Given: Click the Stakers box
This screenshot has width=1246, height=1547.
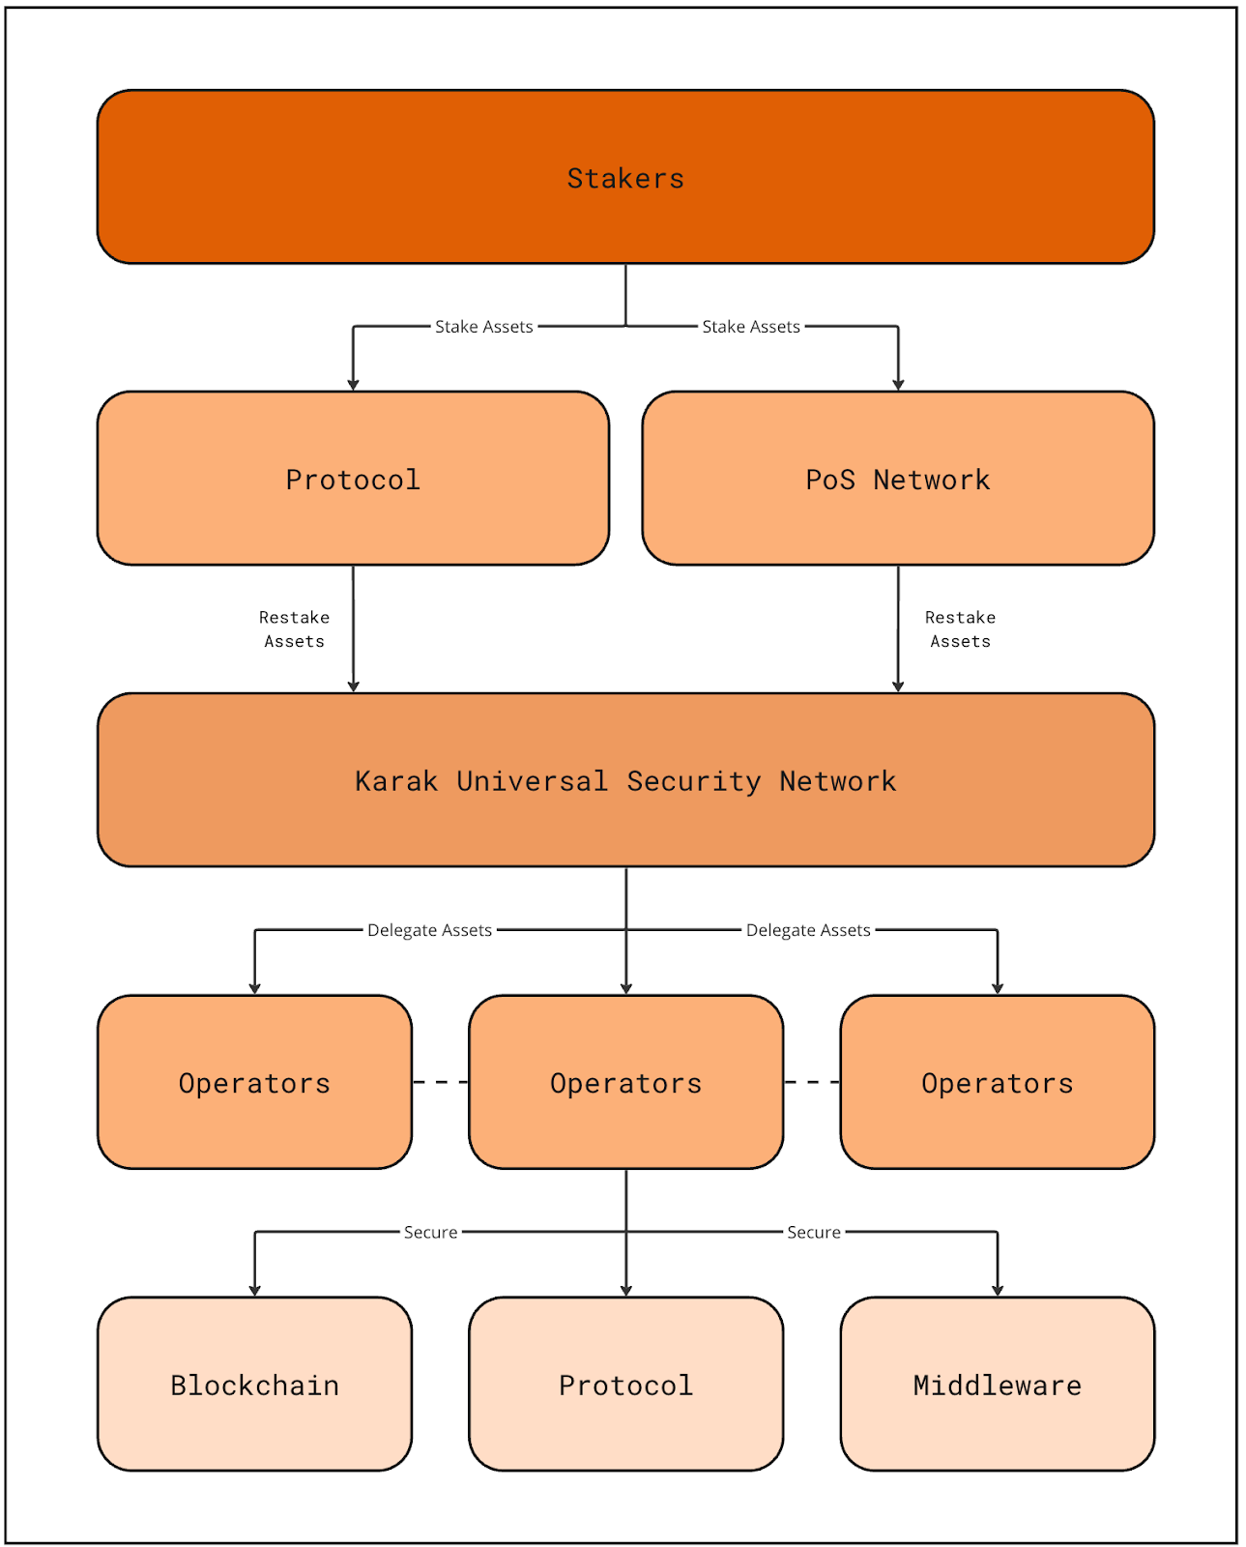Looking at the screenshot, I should pos(625,177).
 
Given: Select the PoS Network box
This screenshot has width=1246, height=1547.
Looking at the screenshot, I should pos(897,479).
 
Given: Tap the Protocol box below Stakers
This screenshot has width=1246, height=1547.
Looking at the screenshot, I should pos(353,479).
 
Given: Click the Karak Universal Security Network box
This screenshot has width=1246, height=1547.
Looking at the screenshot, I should pos(625,780).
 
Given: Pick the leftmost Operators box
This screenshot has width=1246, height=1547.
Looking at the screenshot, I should pos(254,1082).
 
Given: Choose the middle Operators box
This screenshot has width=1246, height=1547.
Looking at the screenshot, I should pos(625,1082).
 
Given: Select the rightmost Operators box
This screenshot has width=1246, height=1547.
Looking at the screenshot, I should pos(997,1082).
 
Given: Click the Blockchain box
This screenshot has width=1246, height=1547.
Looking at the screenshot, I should pos(254,1384).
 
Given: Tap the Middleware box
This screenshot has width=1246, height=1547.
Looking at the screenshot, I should pos(997,1384).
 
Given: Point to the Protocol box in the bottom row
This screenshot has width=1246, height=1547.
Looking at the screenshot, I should pos(625,1384).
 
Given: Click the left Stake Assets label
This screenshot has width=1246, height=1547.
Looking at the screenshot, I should pos(483,327).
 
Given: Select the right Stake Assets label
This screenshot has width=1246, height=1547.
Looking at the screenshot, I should pos(750,327).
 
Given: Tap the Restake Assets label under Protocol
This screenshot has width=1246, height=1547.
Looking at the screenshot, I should pos(294,629).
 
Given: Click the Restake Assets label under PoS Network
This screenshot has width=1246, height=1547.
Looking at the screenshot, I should pos(960,629).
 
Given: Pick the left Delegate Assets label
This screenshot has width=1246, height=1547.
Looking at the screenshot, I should pos(429,930).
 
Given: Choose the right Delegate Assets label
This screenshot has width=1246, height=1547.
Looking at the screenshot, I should pos(808,930).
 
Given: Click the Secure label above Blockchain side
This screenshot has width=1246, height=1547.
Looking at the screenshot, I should pos(430,1232).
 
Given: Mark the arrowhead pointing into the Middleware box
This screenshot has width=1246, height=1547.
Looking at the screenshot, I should pos(997,1291).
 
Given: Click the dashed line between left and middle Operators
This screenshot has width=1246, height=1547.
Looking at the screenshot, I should pos(440,1082).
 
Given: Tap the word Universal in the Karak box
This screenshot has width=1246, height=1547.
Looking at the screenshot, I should pos(532,780).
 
